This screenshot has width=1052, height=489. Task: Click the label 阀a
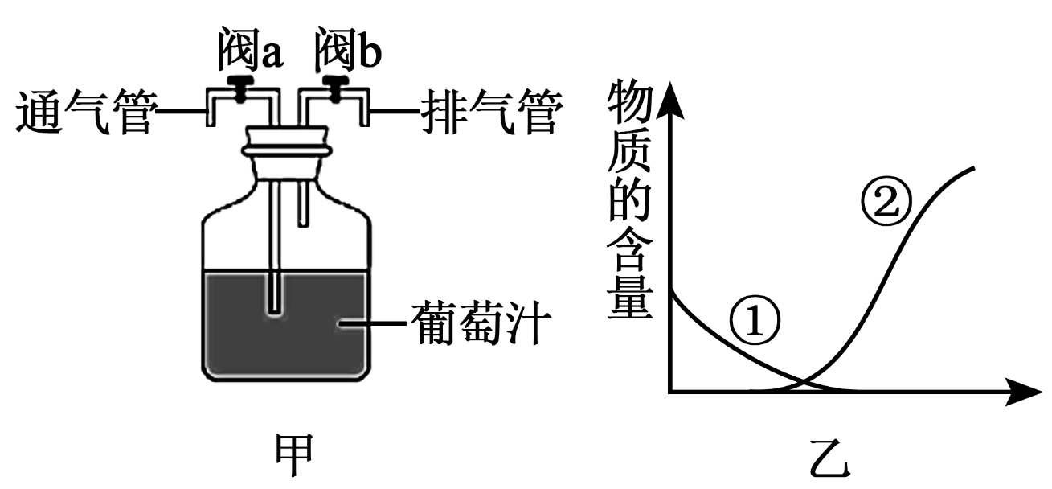coord(250,49)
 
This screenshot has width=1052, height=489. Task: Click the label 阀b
coord(348,49)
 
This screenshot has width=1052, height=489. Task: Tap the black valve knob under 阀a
coord(240,88)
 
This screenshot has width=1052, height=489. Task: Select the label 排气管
coord(492,113)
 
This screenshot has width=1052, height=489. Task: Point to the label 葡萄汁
coord(481,323)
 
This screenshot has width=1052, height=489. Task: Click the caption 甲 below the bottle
coord(294,454)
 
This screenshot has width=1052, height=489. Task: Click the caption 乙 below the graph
coord(830,458)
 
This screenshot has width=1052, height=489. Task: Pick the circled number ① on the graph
coord(755,322)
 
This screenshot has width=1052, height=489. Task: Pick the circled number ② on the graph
coord(886,201)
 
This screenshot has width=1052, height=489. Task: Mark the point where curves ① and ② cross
coord(804,382)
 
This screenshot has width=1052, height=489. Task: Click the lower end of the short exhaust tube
coord(304,225)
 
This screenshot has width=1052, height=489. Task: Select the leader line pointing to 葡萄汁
coord(372,323)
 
